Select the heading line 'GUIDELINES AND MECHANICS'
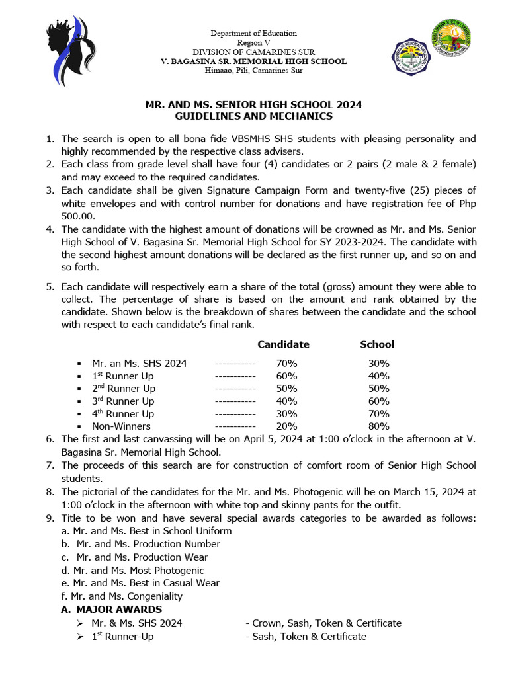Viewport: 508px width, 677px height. pos(253,116)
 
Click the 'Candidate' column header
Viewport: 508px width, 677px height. pos(283,344)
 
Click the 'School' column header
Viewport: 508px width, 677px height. pos(377,344)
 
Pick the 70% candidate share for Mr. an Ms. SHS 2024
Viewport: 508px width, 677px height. pos(287,363)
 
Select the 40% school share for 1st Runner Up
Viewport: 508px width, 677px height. pos(379,376)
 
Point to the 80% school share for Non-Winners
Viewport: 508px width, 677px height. pos(379,426)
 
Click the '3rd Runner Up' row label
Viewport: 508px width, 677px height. pos(123,401)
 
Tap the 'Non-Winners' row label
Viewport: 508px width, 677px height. pos(121,426)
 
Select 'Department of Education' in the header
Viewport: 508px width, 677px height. pos(253,33)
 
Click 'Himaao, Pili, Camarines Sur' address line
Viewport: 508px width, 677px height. pos(253,71)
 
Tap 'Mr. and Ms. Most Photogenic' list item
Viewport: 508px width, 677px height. pos(132,570)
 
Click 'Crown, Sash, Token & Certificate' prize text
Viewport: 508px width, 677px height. pos(326,623)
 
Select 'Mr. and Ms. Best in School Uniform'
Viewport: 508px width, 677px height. pos(146,531)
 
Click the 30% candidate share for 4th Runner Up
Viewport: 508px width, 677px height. pos(287,414)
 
